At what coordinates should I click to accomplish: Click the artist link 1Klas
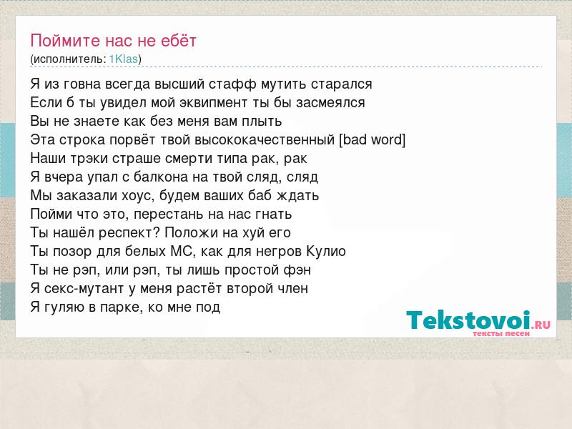[124, 59]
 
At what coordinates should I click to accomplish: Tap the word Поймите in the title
[65, 41]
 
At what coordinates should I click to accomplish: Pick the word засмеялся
[330, 102]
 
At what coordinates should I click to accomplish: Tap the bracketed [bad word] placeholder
[373, 139]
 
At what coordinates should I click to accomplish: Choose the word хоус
[134, 195]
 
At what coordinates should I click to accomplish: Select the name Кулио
[326, 252]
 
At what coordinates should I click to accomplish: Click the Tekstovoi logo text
[468, 320]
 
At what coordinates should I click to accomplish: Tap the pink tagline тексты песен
[501, 333]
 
